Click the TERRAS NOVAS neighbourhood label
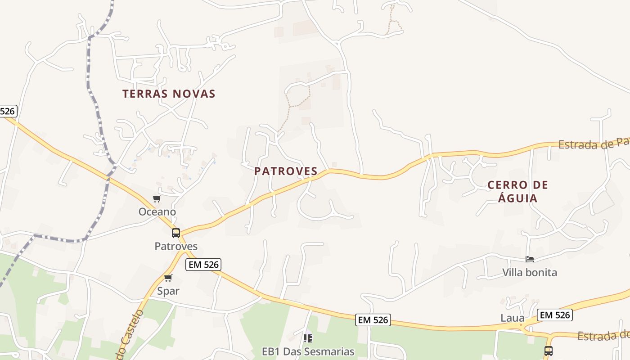pyautogui.click(x=169, y=94)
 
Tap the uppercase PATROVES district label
pyautogui.click(x=286, y=171)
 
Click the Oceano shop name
pyautogui.click(x=157, y=211)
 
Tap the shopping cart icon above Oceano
pyautogui.click(x=157, y=199)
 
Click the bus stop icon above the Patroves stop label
pyautogui.click(x=176, y=233)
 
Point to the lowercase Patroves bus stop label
pyautogui.click(x=176, y=246)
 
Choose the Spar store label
pyautogui.click(x=168, y=291)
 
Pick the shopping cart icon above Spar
pyautogui.click(x=168, y=278)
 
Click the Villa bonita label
pyautogui.click(x=530, y=272)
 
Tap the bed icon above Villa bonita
pyautogui.click(x=530, y=259)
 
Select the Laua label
pyautogui.click(x=513, y=318)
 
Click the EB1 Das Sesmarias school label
pyautogui.click(x=308, y=351)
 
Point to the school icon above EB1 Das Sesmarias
pyautogui.click(x=308, y=337)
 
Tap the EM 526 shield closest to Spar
pyautogui.click(x=204, y=265)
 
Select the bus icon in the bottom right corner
pyautogui.click(x=548, y=351)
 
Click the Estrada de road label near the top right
pyautogui.click(x=593, y=144)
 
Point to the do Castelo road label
pyautogui.click(x=130, y=335)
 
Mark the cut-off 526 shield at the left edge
pyautogui.click(x=8, y=111)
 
